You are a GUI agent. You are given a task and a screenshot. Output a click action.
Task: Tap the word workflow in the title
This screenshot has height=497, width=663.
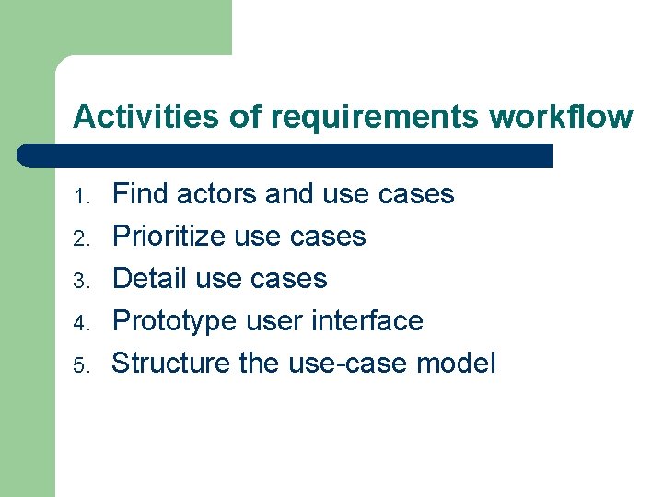click(562, 118)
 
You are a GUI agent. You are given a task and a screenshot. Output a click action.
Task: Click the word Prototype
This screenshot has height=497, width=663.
click(175, 322)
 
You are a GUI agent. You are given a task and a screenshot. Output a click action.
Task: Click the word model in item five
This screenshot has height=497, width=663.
click(456, 364)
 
